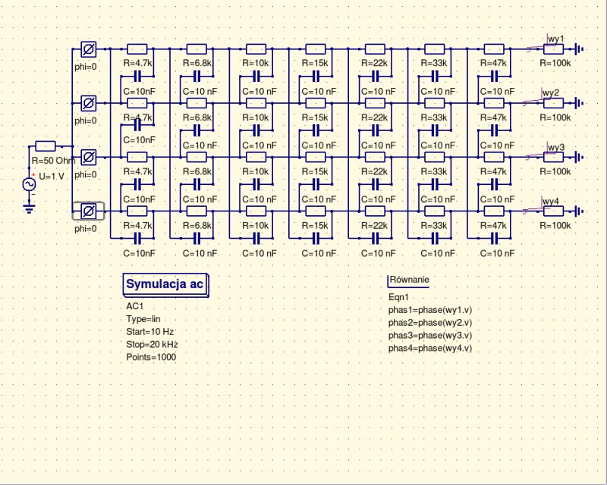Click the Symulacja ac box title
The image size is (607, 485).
click(164, 284)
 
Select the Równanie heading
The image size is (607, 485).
click(409, 280)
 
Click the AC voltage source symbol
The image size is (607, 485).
click(31, 184)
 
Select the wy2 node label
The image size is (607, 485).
click(551, 92)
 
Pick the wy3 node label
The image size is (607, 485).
click(556, 146)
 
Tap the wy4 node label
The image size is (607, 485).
click(551, 201)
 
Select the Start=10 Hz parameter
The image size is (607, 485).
click(150, 331)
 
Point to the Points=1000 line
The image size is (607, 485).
click(151, 356)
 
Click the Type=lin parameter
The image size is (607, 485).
click(144, 319)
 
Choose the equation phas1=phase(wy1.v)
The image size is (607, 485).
click(430, 310)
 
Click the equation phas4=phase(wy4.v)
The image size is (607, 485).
click(430, 348)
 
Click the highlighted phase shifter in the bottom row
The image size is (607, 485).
click(87, 211)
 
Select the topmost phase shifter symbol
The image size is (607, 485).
click(87, 49)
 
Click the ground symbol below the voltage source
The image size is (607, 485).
click(30, 208)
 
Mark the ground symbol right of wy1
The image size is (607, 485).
click(580, 49)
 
